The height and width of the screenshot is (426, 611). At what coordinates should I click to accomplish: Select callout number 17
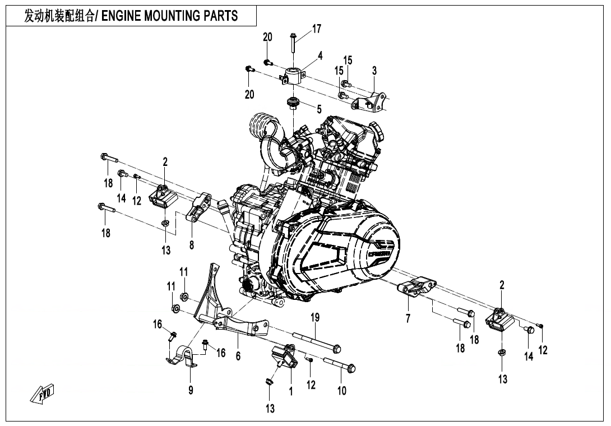pos(317,29)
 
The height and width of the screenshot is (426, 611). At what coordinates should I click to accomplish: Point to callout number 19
pos(315,318)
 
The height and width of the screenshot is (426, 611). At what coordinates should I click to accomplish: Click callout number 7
pos(408,319)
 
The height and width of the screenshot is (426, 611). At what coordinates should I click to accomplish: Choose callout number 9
pos(191,391)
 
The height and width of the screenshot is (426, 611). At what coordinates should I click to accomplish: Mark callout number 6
pos(238,356)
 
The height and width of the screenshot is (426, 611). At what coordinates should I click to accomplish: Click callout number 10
pos(342,391)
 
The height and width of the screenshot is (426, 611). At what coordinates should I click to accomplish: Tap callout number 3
pos(374,71)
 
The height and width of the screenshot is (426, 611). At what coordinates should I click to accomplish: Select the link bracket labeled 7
pos(418,288)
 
